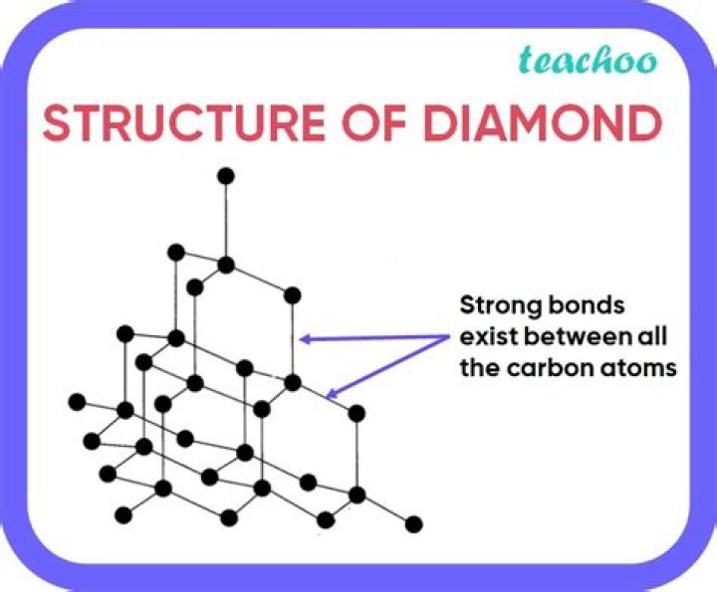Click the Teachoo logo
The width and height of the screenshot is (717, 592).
[x=589, y=59]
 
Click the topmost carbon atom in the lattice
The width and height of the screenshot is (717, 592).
[x=226, y=176]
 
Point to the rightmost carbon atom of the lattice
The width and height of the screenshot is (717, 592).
[x=414, y=524]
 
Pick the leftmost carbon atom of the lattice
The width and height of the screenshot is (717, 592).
[x=77, y=402]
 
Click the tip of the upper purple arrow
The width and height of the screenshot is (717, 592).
[x=302, y=339]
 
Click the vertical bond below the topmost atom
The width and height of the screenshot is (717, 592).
[x=226, y=221]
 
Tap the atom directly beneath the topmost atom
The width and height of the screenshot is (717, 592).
[x=226, y=265]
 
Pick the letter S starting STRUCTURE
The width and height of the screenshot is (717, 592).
[x=59, y=123]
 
